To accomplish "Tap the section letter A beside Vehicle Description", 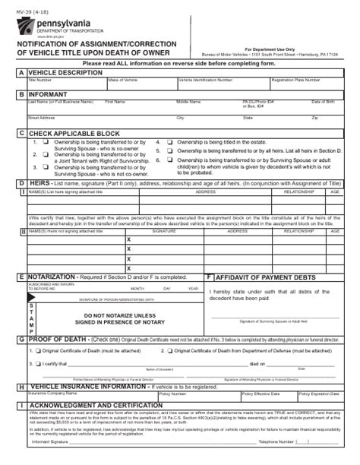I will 21,72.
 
